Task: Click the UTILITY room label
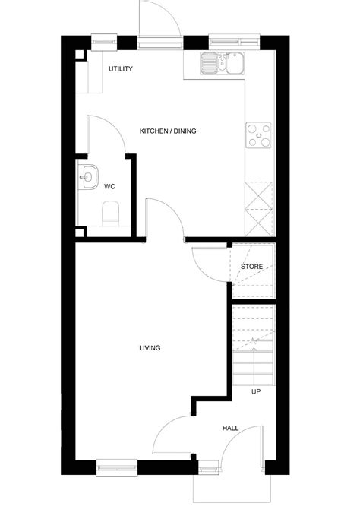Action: (x=121, y=69)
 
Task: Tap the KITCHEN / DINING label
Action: (x=168, y=131)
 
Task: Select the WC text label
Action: (x=109, y=185)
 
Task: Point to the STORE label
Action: (x=251, y=267)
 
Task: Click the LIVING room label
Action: (x=150, y=348)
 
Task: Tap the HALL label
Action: (x=231, y=428)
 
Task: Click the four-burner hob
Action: (x=258, y=134)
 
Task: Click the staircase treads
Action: (x=254, y=346)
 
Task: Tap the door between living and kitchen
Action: (x=165, y=217)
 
